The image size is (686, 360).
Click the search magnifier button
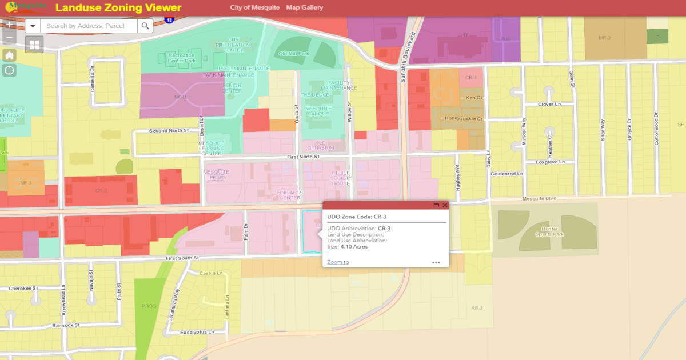pyautogui.click(x=146, y=26)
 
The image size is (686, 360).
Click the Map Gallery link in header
pyautogui.click(x=305, y=8)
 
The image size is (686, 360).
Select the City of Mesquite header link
pyautogui.click(x=255, y=8)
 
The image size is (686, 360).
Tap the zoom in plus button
pyautogui.click(x=9, y=25)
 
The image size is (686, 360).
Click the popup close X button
pyautogui.click(x=445, y=205)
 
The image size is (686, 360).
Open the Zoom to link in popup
pyautogui.click(x=338, y=262)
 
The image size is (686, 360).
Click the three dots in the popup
pyautogui.click(x=436, y=263)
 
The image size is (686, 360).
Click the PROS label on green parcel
pyautogui.click(x=149, y=306)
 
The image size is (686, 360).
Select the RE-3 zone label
pyautogui.click(x=477, y=309)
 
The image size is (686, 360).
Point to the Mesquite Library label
pyautogui.click(x=216, y=175)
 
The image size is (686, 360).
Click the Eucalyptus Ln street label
pyautogui.click(x=195, y=332)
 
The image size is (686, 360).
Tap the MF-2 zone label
pyautogui.click(x=605, y=38)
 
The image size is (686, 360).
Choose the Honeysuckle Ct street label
pyautogui.click(x=464, y=119)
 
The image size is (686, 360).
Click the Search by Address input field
pyautogui.click(x=89, y=26)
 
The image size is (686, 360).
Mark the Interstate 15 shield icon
pyautogui.click(x=169, y=19)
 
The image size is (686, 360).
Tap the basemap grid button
pyautogui.click(x=34, y=45)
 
